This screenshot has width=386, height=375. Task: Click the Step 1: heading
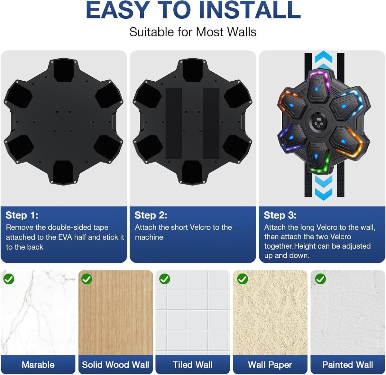pos(22,215)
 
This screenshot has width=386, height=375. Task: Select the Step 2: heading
pos(151,215)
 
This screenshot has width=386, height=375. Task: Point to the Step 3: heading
pos(280,215)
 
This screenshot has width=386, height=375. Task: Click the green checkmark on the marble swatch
pos(9,279)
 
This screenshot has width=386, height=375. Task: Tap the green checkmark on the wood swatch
pos(87,279)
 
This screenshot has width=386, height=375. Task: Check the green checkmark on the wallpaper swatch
pos(243,279)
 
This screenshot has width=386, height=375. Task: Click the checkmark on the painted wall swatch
pos(320,279)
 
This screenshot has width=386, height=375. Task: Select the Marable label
pos(38,365)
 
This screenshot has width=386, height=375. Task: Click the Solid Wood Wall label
pos(115,365)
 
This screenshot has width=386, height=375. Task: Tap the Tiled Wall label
pos(193,365)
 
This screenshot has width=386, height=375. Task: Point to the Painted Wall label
pos(347,365)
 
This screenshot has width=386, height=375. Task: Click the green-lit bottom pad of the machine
pos(318,157)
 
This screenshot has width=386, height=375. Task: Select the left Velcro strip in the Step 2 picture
pos(174,123)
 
